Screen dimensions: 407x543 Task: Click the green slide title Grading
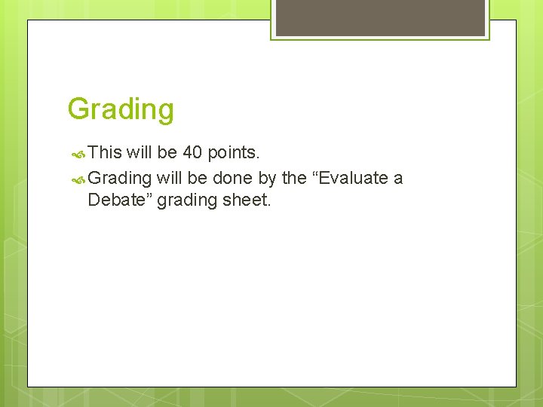(121, 109)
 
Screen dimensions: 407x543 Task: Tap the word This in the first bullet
(105, 153)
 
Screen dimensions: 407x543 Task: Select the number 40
(192, 153)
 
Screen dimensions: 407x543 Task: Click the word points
(234, 153)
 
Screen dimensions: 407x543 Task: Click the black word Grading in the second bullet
(120, 179)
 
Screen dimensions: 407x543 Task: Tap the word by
(267, 179)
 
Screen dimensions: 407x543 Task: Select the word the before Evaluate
(294, 179)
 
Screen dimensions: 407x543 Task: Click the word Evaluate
(350, 179)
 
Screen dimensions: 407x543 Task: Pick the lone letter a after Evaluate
(398, 179)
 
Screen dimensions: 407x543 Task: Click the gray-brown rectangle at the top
(380, 17)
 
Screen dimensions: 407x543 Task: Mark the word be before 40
(167, 153)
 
